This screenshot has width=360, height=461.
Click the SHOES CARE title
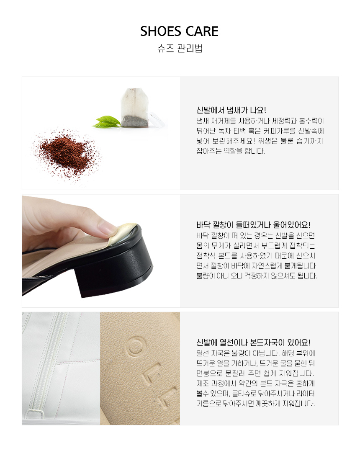(x=179, y=31)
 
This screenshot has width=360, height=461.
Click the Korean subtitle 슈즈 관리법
(x=180, y=48)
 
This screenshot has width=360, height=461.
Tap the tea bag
(x=135, y=107)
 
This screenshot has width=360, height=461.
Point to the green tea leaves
(x=106, y=122)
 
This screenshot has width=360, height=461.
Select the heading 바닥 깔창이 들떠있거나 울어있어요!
(x=253, y=225)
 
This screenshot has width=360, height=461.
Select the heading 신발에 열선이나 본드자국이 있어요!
(x=253, y=342)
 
